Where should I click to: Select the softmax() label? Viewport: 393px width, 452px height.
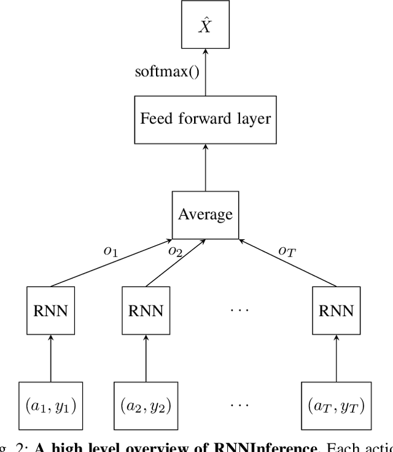coord(166,71)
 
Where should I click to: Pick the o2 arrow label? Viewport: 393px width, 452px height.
coord(176,250)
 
